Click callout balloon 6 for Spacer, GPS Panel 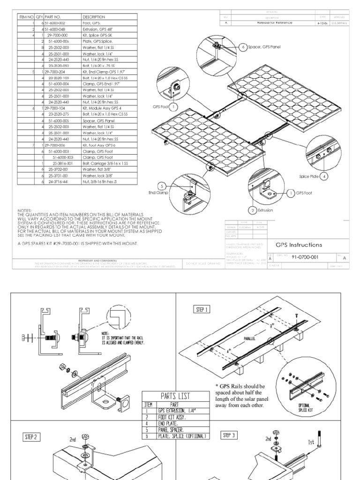(244, 48)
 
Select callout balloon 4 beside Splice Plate (324, 177)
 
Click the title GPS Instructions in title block (299, 245)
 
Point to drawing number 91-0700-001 (305, 257)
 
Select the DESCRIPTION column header (93, 16)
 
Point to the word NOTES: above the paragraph (25, 210)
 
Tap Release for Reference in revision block (275, 22)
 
